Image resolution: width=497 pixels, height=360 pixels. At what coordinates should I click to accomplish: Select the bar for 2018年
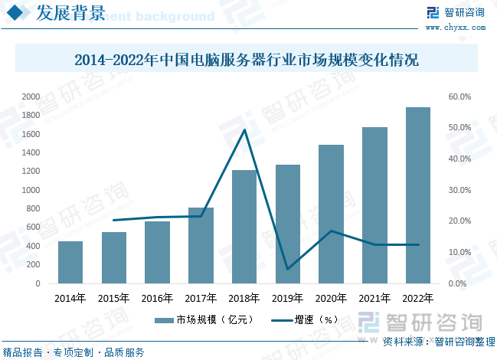(244, 227)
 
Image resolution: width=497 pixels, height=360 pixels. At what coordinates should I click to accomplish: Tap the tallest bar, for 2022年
(418, 195)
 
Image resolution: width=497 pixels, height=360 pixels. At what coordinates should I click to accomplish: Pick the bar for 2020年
(331, 214)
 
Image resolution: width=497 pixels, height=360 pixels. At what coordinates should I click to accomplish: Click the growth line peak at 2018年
(244, 129)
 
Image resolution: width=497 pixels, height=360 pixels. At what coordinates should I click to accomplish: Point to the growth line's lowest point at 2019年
(288, 269)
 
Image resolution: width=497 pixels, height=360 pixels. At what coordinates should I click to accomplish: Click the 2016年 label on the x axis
(157, 299)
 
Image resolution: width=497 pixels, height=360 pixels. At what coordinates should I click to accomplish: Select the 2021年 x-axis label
(374, 299)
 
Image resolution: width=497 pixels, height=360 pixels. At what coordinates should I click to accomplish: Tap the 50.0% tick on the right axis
(459, 128)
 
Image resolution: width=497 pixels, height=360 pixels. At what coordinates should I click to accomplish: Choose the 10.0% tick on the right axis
(459, 252)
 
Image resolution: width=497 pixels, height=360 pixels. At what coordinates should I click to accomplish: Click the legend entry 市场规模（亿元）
(204, 319)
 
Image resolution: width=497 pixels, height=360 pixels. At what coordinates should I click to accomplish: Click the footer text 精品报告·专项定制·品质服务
(74, 352)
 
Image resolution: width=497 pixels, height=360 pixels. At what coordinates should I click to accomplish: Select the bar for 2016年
(157, 252)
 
